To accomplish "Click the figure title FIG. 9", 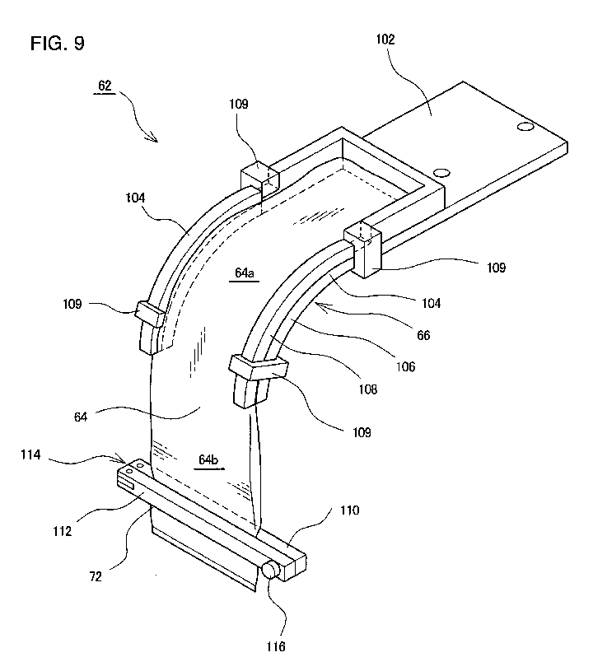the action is [x=58, y=43].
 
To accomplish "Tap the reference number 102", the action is [x=385, y=40].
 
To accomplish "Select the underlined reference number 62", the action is [x=105, y=86].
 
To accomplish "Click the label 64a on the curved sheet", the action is [x=245, y=273].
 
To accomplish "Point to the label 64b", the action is [x=208, y=459].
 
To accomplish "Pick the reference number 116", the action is [x=276, y=646].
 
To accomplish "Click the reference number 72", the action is [x=96, y=576].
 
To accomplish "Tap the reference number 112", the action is [x=62, y=531].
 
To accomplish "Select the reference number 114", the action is [x=30, y=454].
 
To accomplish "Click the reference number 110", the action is [x=349, y=510].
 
